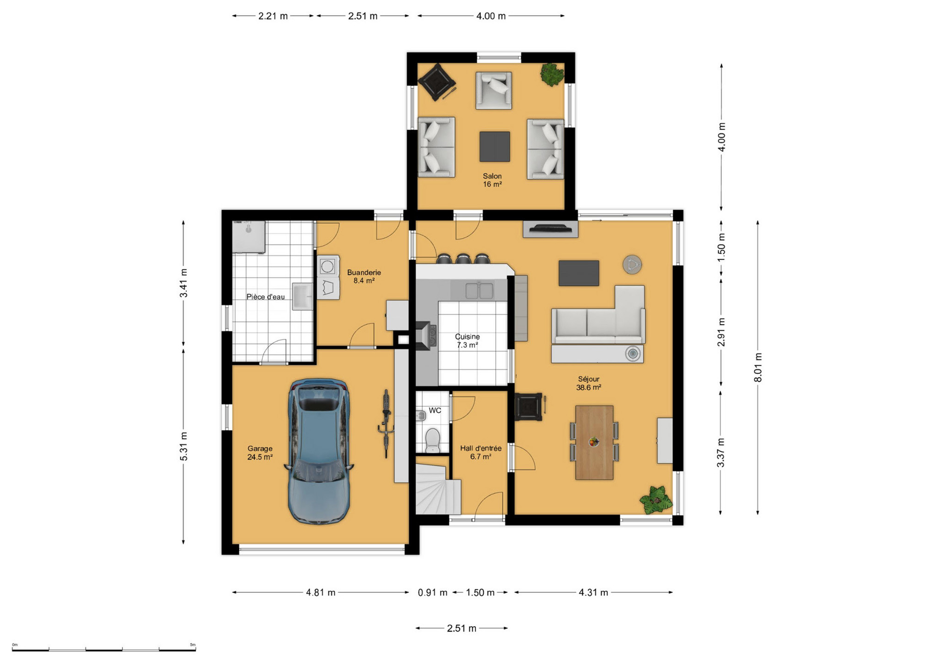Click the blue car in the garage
[x=319, y=452]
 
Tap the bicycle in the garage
[x=386, y=424]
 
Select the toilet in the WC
[x=433, y=440]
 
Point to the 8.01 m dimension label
[x=758, y=367]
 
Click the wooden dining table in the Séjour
[x=594, y=443]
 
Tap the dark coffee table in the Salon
[x=495, y=147]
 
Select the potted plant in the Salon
[x=552, y=74]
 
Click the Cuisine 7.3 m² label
[x=467, y=341]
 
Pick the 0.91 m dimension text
[x=433, y=592]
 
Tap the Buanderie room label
[x=364, y=277]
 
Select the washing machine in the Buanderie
[x=328, y=266]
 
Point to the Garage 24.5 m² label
[x=260, y=453]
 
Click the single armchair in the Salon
[x=494, y=91]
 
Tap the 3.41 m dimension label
[x=184, y=283]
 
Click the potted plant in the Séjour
[x=656, y=499]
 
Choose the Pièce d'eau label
[x=265, y=297]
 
